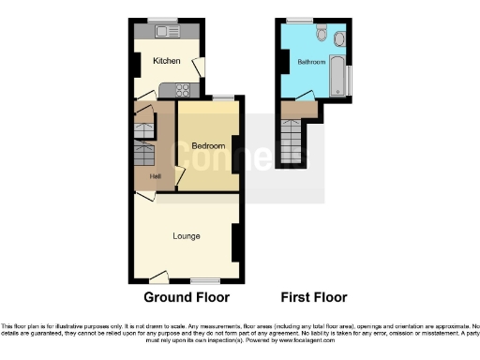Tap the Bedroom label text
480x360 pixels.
208,146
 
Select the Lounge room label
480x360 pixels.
186,235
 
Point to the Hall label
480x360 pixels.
142,176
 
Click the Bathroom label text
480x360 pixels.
311,62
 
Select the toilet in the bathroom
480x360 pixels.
322,35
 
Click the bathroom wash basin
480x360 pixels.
338,38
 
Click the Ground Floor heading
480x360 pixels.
186,297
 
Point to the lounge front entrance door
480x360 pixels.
158,277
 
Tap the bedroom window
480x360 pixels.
223,97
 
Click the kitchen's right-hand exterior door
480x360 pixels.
197,67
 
